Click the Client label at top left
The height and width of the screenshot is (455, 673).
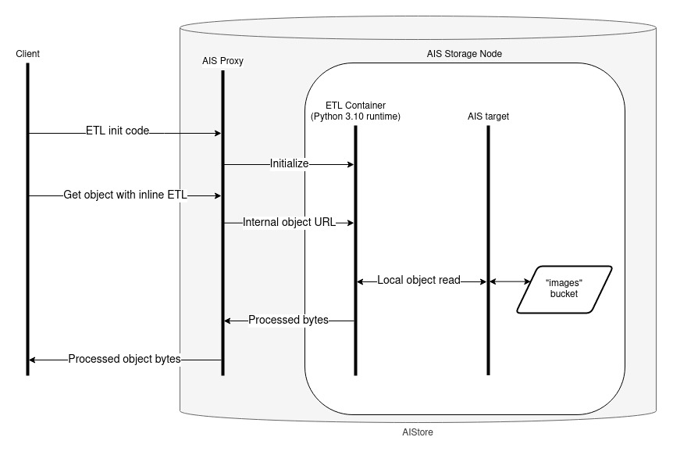[x=27, y=53]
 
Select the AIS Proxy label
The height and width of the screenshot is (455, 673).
[x=223, y=61]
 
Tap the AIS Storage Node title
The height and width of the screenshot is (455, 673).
[x=465, y=55]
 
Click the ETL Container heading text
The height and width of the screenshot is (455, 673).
[x=355, y=106]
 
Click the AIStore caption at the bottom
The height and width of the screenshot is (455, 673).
[x=418, y=431]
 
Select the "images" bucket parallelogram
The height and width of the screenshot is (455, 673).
[x=564, y=290]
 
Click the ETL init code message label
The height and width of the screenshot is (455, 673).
[x=117, y=131]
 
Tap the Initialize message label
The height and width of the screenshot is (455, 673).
[x=290, y=164]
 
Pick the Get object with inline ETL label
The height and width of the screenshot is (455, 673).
[x=126, y=195]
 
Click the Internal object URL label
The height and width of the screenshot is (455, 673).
[x=289, y=222]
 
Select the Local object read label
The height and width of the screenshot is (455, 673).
[x=419, y=279]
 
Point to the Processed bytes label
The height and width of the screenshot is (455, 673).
[x=288, y=320]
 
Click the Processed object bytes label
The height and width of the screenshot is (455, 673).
[x=125, y=359]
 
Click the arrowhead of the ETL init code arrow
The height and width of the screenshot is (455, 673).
[x=218, y=134]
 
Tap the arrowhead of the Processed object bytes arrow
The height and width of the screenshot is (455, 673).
[x=33, y=360]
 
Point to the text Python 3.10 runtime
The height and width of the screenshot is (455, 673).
[x=355, y=116]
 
